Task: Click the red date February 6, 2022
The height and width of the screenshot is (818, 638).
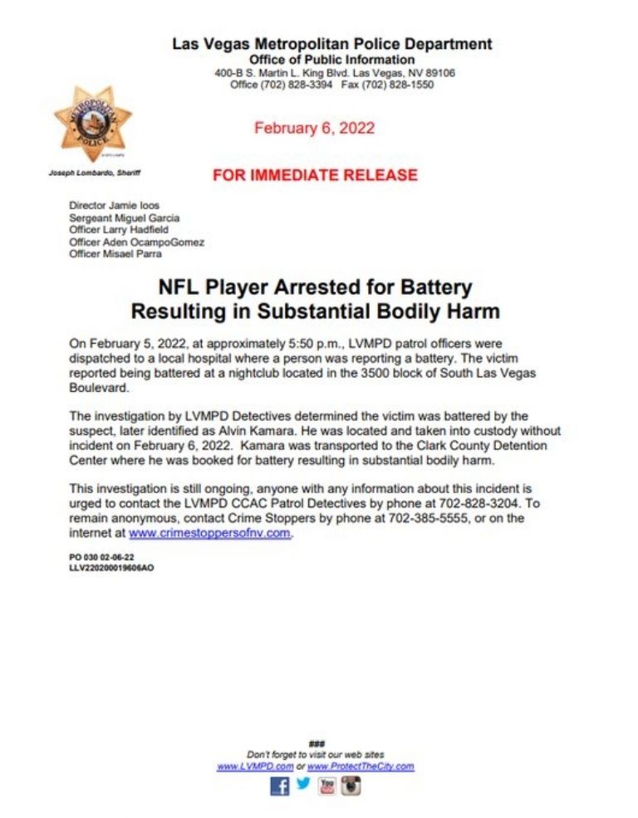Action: pos(314,128)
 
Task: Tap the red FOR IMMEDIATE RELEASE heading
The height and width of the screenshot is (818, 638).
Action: pos(315,175)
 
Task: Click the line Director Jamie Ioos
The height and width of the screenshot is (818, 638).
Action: pos(115,205)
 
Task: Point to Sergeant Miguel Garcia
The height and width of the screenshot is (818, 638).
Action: pos(125,218)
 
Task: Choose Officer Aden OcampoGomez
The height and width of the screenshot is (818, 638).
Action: pos(137,242)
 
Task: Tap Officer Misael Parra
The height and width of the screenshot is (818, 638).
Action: pos(115,254)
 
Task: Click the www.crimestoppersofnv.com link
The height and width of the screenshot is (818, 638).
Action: pos(210,533)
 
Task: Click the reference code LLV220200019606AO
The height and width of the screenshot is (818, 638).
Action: pos(111,568)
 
